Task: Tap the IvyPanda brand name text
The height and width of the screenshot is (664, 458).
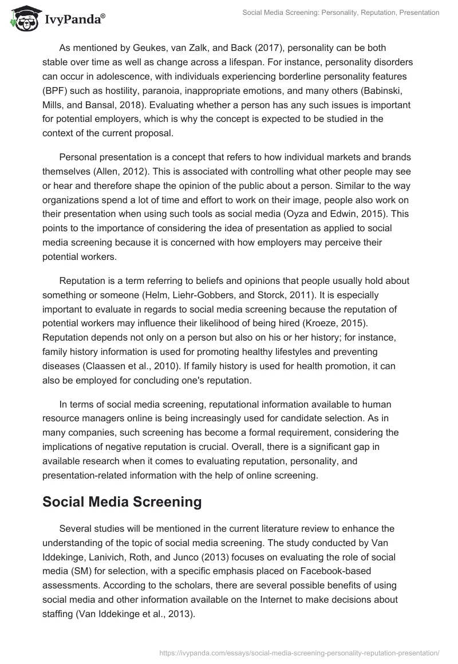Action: pyautogui.click(x=74, y=21)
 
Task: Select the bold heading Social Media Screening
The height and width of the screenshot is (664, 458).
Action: pyautogui.click(x=122, y=502)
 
